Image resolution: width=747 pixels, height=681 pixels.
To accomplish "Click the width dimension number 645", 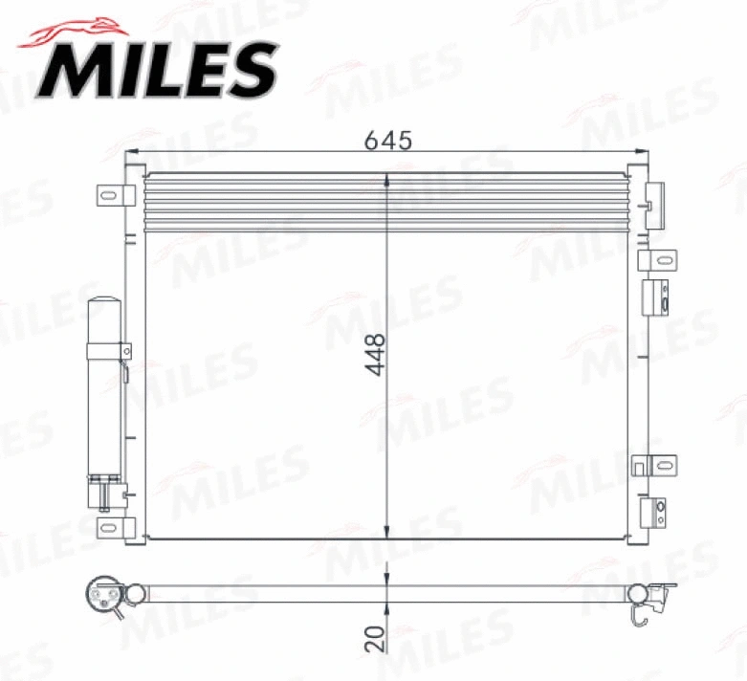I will [x=387, y=140].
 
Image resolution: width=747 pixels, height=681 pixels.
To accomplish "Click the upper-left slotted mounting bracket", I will [x=113, y=195].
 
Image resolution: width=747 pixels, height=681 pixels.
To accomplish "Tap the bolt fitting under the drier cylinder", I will [x=104, y=493].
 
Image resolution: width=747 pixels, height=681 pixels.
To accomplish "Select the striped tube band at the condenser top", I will [x=383, y=202].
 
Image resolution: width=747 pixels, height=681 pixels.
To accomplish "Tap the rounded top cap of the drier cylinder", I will [x=104, y=305].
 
